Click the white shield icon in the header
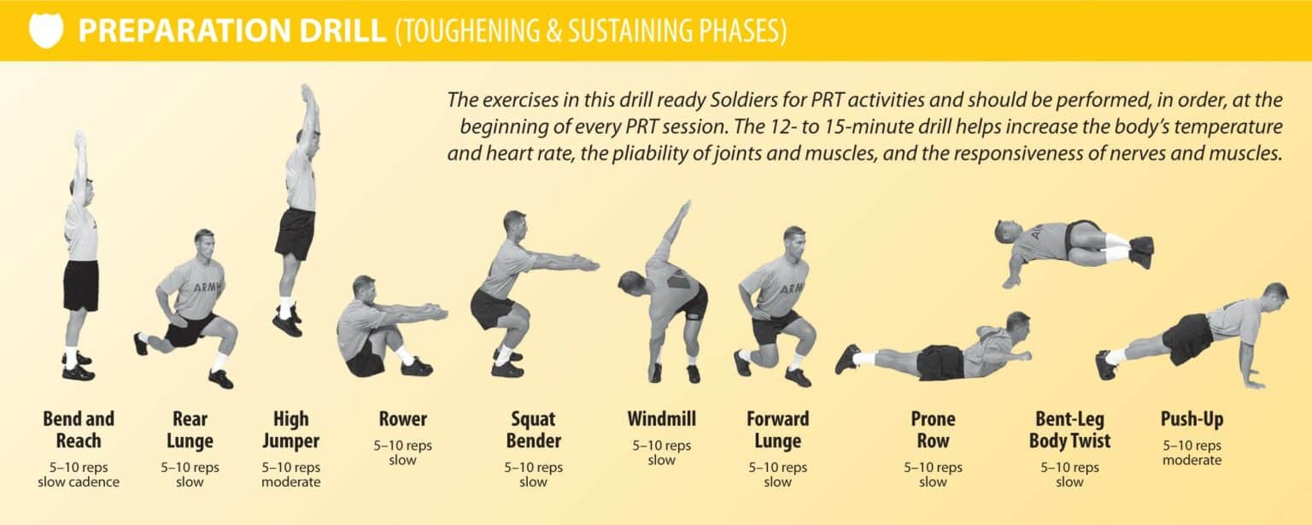pos(45,31)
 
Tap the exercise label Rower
pos(403,419)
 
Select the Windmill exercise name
pos(661,419)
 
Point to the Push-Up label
pos(1192,419)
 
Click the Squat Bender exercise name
pos(534,430)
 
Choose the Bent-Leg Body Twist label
pos(1069,430)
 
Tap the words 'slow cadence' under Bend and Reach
pos(79,482)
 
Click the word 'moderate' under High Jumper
pos(291,482)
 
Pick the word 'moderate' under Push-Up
pos(1192,461)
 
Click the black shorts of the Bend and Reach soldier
pos(81,286)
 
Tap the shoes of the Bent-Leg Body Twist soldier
pos(1140,251)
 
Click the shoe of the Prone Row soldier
pos(847,359)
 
